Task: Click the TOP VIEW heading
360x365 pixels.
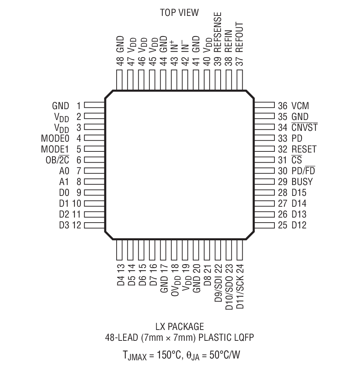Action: coord(179,12)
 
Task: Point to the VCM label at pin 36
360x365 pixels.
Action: coord(300,106)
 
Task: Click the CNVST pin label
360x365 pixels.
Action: coord(304,128)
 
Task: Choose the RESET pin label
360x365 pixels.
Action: coord(304,149)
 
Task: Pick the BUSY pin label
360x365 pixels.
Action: coord(302,181)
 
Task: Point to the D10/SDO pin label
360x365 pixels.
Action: coord(228,291)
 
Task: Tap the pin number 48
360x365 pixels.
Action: coord(120,61)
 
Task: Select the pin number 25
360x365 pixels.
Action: coord(282,225)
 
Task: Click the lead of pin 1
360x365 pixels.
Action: coord(95,106)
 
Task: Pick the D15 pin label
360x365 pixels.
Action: coord(299,192)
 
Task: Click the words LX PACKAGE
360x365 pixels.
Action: coord(179,327)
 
